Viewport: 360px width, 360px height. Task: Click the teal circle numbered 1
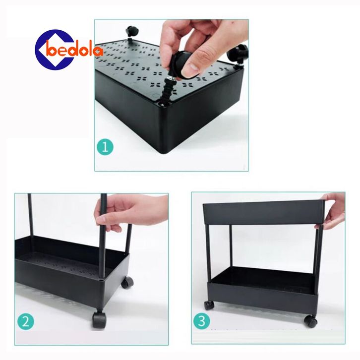tap(105, 147)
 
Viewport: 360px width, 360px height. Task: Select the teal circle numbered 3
tap(202, 321)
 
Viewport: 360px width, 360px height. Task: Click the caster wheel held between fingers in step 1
tap(181, 64)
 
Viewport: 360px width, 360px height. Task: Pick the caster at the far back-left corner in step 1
tap(131, 33)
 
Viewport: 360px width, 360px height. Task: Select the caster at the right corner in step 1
tap(238, 55)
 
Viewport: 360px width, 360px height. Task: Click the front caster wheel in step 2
tap(99, 319)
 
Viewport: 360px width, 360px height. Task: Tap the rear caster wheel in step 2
tap(127, 283)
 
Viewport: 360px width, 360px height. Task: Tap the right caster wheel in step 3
tap(310, 320)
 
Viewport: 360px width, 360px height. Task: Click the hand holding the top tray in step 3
tap(332, 210)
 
